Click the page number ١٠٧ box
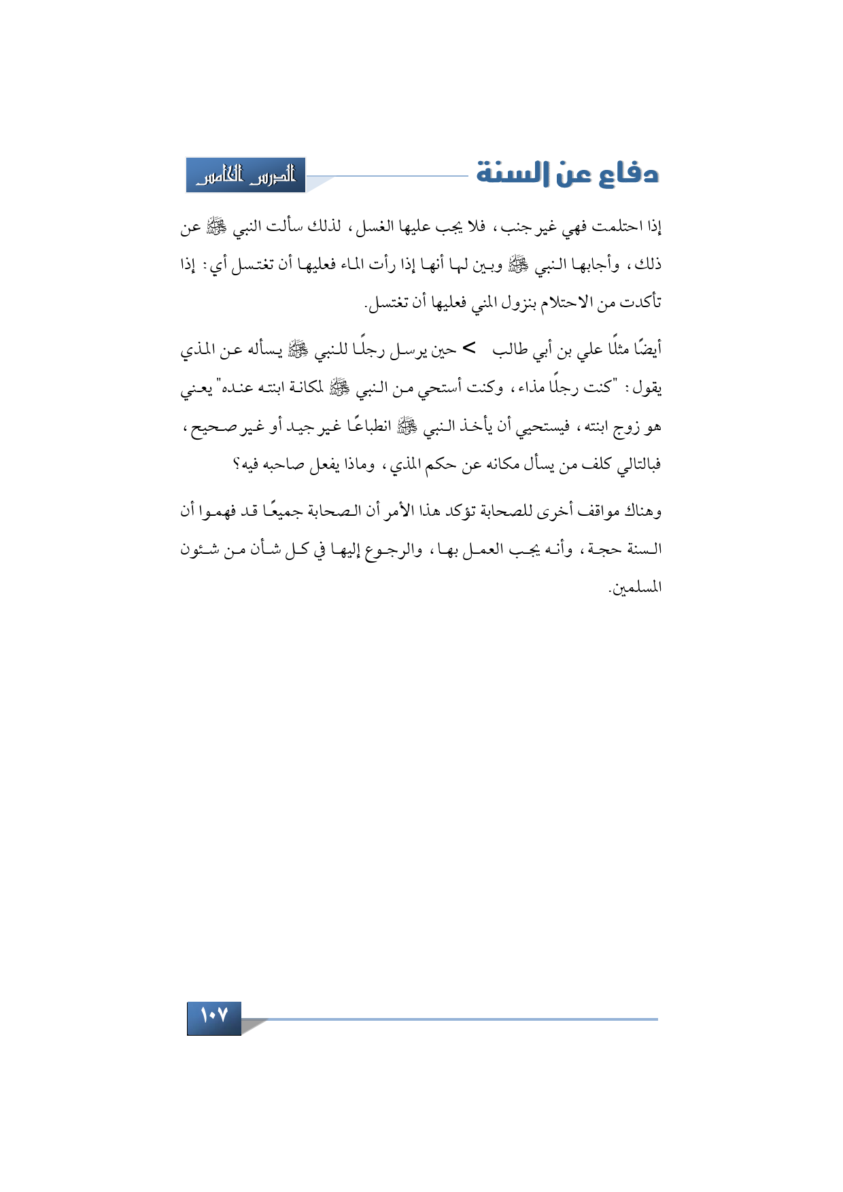click(213, 1017)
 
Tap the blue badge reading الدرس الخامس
click(245, 175)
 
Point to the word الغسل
click(383, 227)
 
